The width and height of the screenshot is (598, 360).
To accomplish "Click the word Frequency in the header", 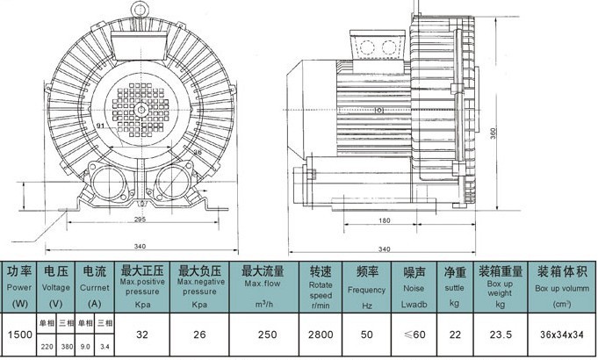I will [366, 289].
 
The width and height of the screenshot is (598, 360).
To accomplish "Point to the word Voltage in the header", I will [55, 286].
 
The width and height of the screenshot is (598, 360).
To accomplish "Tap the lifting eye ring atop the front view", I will [138, 8].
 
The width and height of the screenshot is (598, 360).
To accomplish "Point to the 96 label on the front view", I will [197, 153].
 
